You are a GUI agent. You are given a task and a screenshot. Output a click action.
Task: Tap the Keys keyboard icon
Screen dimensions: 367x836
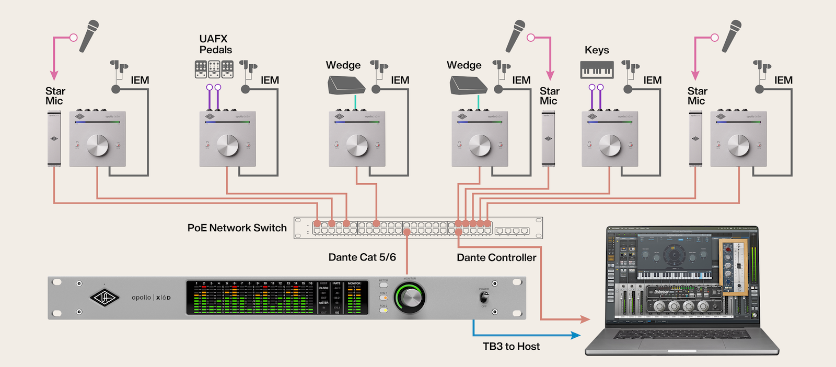(x=597, y=69)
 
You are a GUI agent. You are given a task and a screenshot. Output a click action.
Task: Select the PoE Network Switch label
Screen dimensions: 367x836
(x=237, y=228)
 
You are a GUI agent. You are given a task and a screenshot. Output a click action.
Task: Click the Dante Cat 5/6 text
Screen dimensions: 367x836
(x=362, y=257)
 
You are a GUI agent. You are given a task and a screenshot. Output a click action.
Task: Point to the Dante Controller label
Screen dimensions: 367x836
(x=496, y=257)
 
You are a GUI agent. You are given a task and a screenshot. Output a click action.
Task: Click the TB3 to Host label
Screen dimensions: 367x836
(x=511, y=347)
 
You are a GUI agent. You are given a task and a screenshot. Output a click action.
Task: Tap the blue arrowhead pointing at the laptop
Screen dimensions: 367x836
(x=576, y=335)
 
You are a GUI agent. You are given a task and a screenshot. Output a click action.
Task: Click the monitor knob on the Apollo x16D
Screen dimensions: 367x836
(x=411, y=298)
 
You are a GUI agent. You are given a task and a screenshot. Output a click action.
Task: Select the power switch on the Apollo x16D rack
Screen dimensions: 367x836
(x=484, y=298)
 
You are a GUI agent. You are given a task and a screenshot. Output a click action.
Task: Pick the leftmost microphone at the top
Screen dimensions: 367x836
(x=89, y=35)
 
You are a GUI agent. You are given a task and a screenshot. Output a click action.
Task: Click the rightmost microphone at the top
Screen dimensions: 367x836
(x=731, y=35)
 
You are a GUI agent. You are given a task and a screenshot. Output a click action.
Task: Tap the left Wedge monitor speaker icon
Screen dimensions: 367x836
(x=346, y=85)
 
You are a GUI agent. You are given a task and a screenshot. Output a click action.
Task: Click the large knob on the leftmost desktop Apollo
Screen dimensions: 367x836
(x=97, y=145)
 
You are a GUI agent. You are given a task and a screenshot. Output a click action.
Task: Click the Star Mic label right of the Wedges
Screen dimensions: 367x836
(x=549, y=96)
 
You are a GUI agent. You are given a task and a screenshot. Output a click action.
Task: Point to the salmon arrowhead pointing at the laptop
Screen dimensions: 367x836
(x=585, y=318)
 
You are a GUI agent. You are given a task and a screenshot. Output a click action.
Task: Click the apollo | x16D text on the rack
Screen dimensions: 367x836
(x=151, y=298)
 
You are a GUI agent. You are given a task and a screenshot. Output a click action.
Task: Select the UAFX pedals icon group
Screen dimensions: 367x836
(x=214, y=69)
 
